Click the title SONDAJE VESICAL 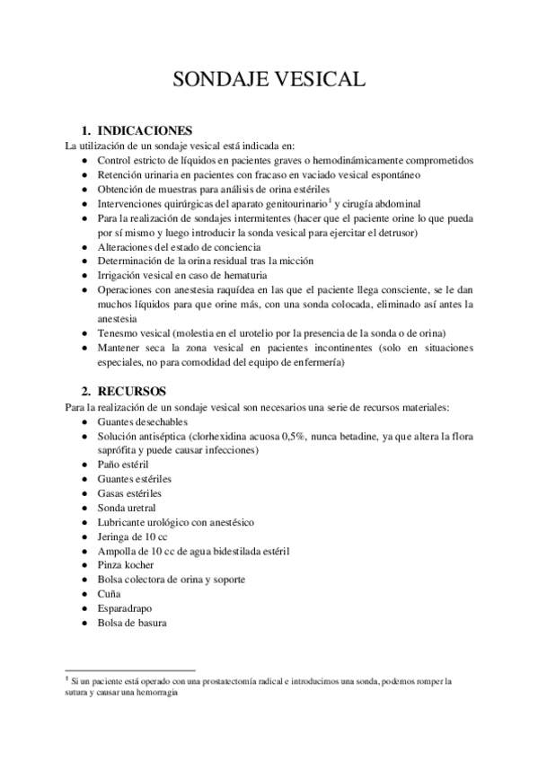pyautogui.click(x=269, y=80)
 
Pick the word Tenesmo pyautogui.click(x=120, y=332)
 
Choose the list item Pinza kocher pyautogui.click(x=126, y=565)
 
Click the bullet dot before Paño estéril pyautogui.click(x=84, y=465)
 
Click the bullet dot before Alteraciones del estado pyautogui.click(x=84, y=246)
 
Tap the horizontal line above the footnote pyautogui.click(x=130, y=670)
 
